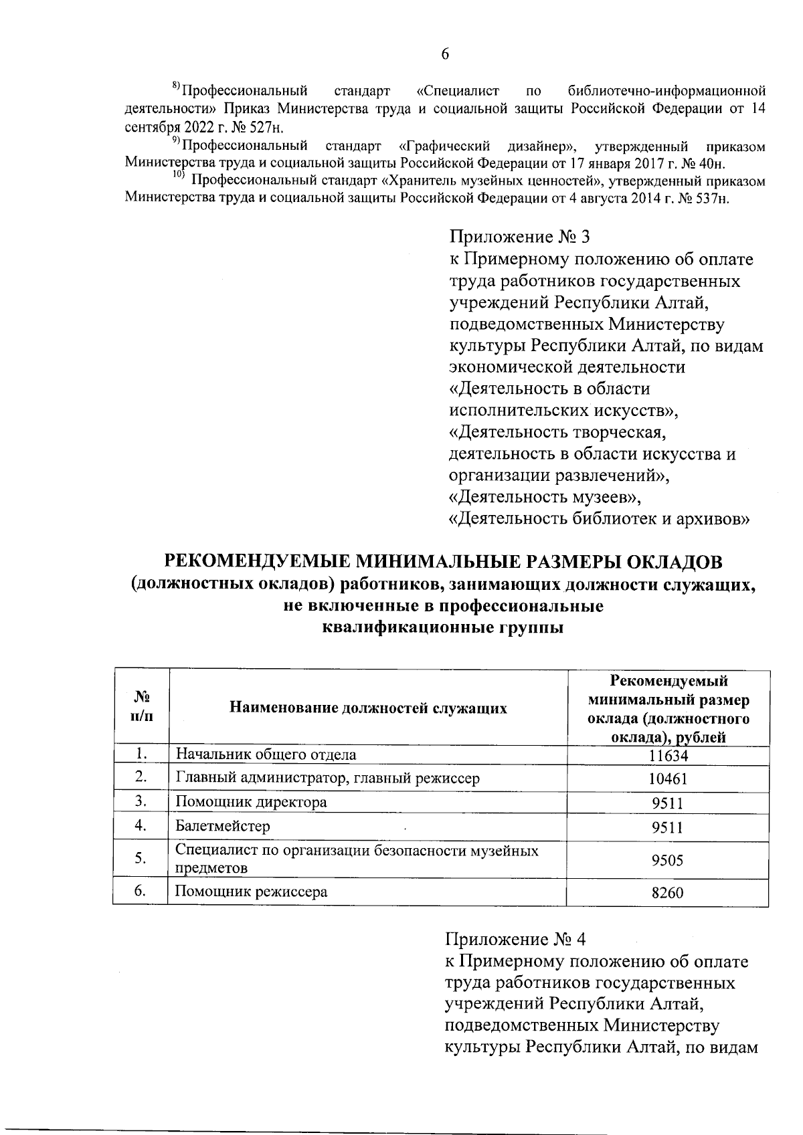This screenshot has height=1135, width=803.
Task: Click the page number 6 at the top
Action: (445, 54)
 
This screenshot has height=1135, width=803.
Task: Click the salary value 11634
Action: (668, 755)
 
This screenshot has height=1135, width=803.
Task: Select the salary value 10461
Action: (668, 779)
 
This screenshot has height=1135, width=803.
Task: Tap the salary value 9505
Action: (668, 860)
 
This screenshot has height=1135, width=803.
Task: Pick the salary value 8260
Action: (668, 892)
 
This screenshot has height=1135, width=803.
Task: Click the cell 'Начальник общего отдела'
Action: (266, 754)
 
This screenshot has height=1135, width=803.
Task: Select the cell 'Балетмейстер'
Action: (223, 826)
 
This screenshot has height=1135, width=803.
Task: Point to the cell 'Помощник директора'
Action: (251, 802)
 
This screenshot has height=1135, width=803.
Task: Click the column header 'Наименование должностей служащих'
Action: (368, 708)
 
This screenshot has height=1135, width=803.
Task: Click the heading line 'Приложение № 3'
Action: (519, 237)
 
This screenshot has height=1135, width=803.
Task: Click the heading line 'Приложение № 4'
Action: (516, 940)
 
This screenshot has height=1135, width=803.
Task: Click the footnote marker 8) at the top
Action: (177, 86)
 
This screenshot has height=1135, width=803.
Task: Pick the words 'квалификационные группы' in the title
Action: (442, 628)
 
